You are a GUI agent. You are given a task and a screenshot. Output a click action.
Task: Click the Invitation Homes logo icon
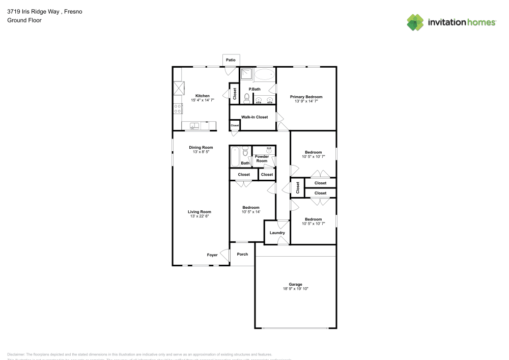click(415, 22)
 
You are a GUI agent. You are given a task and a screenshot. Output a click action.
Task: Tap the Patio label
click(231, 60)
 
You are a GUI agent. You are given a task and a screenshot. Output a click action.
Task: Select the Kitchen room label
click(203, 96)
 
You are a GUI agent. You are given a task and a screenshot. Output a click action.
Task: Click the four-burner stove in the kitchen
click(178, 108)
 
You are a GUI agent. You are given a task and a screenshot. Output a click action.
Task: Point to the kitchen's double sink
click(195, 125)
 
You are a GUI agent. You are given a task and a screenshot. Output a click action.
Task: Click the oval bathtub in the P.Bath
click(264, 75)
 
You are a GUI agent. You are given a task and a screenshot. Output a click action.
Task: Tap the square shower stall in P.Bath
click(246, 74)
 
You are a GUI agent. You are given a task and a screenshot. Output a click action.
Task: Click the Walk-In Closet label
click(254, 117)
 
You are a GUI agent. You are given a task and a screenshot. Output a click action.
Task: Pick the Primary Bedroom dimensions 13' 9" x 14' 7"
click(306, 101)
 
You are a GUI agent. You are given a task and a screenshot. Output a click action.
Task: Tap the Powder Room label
click(262, 158)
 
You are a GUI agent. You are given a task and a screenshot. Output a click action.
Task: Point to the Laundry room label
click(277, 233)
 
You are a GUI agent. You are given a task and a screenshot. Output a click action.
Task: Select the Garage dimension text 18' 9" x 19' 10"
click(296, 289)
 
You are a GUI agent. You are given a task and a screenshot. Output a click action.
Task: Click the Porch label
click(243, 254)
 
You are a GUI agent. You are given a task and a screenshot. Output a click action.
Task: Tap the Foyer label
click(212, 255)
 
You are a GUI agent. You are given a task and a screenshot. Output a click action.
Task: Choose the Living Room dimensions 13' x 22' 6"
click(199, 216)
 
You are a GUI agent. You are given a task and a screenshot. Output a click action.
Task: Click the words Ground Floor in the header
click(24, 20)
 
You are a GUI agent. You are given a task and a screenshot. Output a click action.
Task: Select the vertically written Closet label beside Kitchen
click(235, 94)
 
